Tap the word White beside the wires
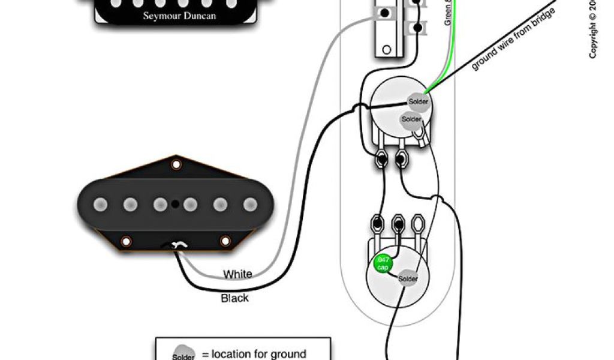[x=238, y=275]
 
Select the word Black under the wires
[x=234, y=298]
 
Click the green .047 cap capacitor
[x=381, y=263]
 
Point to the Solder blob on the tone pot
[x=408, y=279]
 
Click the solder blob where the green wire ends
[x=418, y=101]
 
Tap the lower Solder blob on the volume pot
[x=411, y=119]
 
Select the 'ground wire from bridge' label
[x=513, y=39]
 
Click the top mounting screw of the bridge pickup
[x=176, y=164]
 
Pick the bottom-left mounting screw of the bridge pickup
[x=127, y=242]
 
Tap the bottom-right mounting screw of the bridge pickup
[x=227, y=242]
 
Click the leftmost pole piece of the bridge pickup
[x=100, y=205]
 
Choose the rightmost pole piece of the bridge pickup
[x=250, y=205]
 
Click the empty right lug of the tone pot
[x=417, y=225]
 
